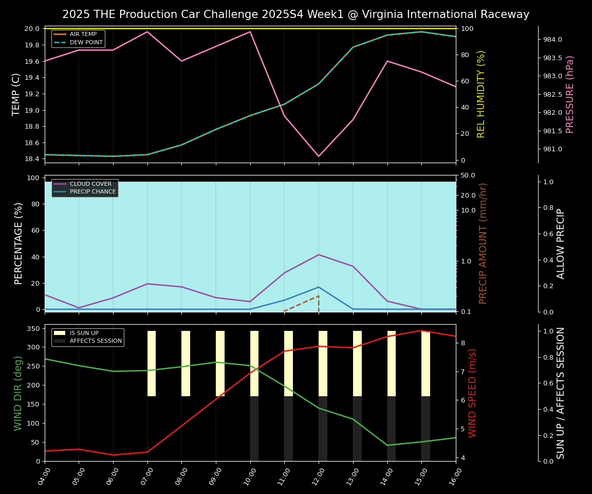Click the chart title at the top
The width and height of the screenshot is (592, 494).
(295, 14)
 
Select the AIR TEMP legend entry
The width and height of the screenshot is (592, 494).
(83, 34)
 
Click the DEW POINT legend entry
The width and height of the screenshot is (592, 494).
(86, 42)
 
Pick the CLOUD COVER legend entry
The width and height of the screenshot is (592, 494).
(90, 184)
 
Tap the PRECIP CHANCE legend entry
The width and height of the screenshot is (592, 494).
(93, 192)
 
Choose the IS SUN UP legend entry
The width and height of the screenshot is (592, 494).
(84, 333)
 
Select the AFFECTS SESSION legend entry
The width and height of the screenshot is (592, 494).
(96, 341)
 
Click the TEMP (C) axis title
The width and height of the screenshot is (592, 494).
(16, 94)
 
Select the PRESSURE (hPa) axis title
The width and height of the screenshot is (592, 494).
(570, 94)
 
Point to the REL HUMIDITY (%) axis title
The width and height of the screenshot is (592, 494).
(481, 94)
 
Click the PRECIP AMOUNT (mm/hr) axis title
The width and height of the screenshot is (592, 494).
(483, 243)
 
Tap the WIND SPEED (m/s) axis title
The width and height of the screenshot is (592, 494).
(473, 393)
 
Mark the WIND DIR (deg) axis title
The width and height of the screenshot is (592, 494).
(18, 393)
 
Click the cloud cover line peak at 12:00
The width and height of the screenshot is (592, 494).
(319, 255)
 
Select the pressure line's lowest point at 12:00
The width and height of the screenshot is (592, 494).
(319, 156)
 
